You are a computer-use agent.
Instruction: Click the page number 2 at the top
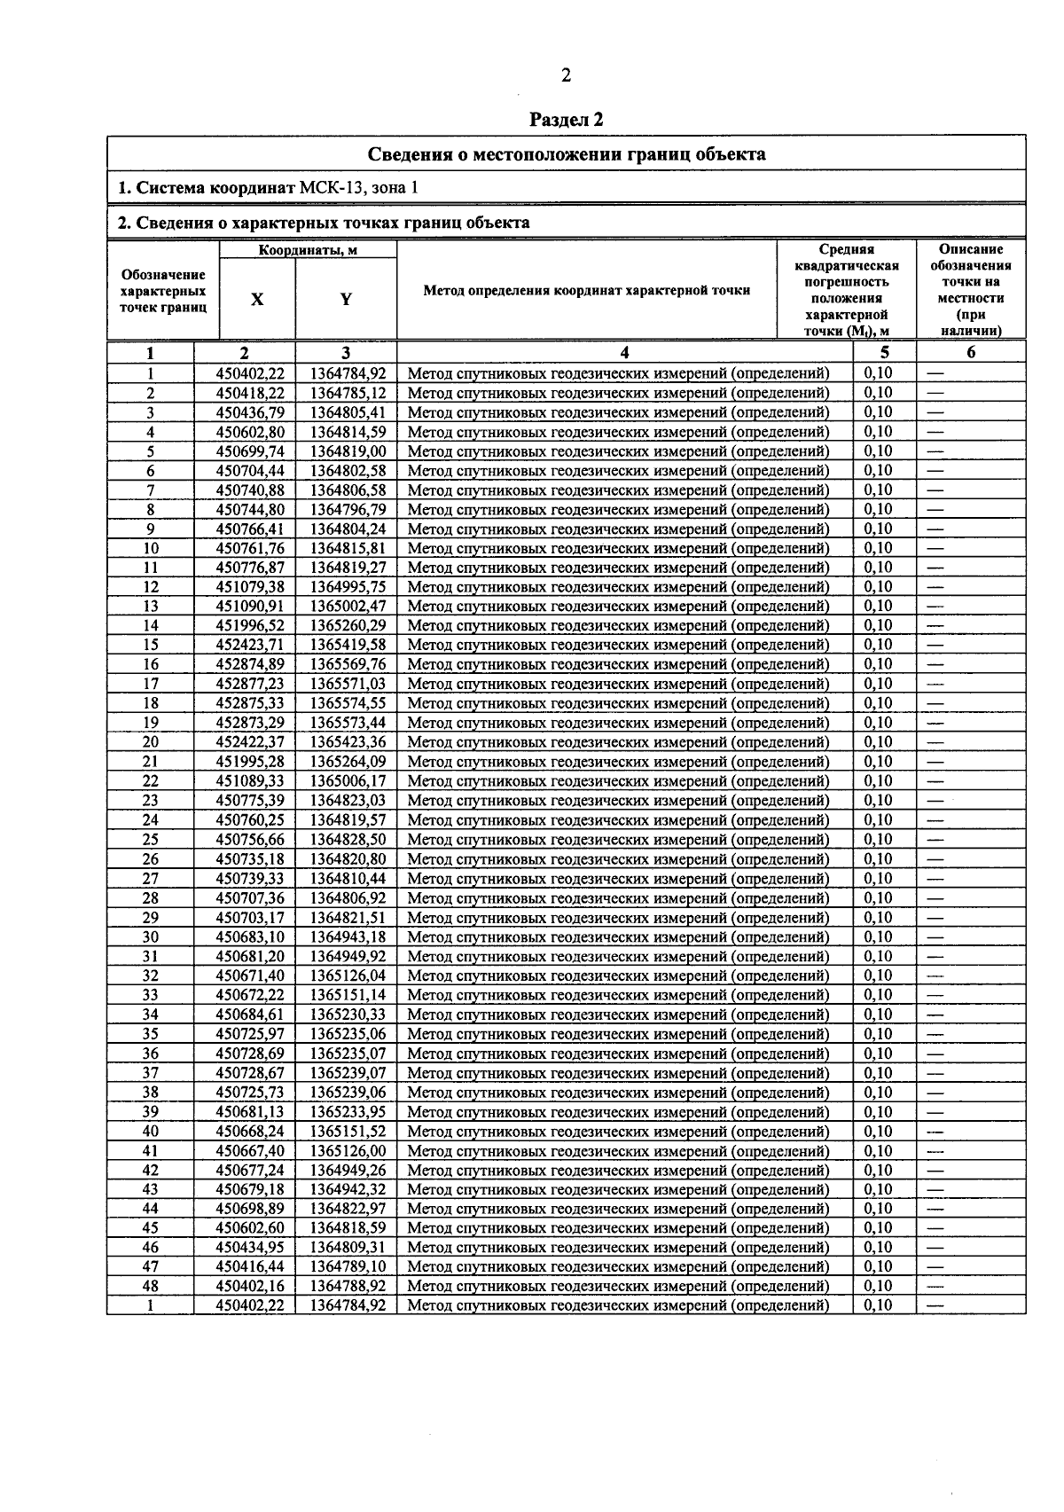(x=566, y=75)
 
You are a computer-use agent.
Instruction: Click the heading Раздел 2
(x=567, y=119)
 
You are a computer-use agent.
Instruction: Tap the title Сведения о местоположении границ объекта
(x=567, y=154)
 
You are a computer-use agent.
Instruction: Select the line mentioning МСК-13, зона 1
(x=266, y=188)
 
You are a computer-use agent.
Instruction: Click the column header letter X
(x=257, y=300)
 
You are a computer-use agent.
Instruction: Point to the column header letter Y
(x=346, y=300)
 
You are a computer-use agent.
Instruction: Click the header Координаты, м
(x=308, y=251)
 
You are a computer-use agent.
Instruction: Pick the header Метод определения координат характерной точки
(x=587, y=290)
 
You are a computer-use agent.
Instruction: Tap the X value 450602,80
(x=250, y=432)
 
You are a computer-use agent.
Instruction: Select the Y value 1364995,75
(x=348, y=587)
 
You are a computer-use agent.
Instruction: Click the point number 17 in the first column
(x=151, y=684)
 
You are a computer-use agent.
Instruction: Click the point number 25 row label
(x=151, y=840)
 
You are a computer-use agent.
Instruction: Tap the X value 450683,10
(x=250, y=937)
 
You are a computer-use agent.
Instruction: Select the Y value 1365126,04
(x=348, y=975)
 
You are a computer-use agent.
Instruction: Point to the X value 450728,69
(x=250, y=1054)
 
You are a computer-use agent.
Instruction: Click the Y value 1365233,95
(x=348, y=1112)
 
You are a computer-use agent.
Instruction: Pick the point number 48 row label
(x=151, y=1286)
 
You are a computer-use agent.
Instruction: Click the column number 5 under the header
(x=884, y=352)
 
